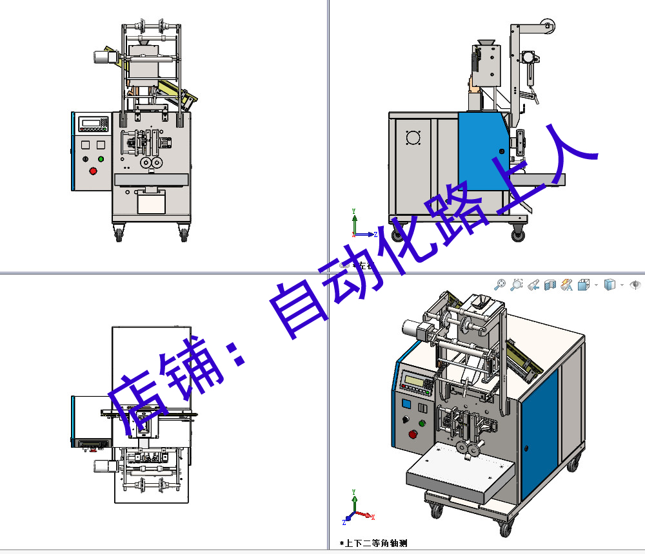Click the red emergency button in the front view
tap(93, 171)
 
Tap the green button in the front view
tap(101, 158)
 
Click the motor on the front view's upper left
tap(103, 57)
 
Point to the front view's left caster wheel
tap(119, 235)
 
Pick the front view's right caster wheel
tap(184, 235)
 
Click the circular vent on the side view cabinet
tap(413, 138)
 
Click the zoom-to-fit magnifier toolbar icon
tap(499, 285)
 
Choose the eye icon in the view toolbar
tap(635, 285)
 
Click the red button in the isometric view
tap(413, 434)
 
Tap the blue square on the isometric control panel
tap(406, 404)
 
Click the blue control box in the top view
tap(90, 422)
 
